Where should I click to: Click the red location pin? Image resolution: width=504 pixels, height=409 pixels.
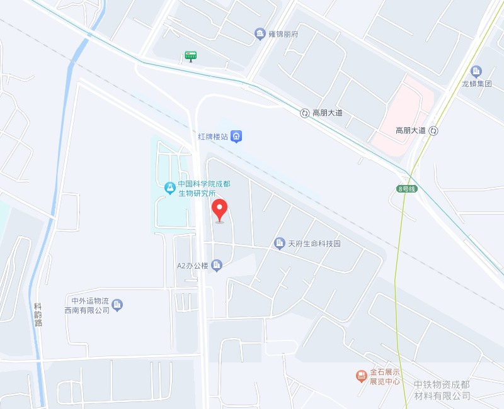tap(219, 210)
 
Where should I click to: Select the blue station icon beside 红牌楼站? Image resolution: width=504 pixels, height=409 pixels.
tap(236, 135)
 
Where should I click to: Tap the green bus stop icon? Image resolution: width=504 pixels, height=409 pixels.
tap(190, 57)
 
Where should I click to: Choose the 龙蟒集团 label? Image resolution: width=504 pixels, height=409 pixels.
tap(476, 83)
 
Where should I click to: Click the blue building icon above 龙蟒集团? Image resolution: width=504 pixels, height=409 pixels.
tap(476, 71)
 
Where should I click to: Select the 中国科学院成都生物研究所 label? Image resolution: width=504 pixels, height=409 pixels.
tap(196, 188)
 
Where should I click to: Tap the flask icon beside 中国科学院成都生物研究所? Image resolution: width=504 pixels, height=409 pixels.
tap(169, 188)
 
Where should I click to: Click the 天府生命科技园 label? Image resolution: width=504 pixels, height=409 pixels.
tap(314, 244)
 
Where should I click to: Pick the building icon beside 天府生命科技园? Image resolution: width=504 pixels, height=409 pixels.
tap(280, 243)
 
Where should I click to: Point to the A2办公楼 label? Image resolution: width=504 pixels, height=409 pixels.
tap(192, 266)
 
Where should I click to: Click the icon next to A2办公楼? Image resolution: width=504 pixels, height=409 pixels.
tap(217, 266)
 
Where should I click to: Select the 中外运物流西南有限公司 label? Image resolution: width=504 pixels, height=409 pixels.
tap(87, 305)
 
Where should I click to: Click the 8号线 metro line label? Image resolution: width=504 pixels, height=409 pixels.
tap(407, 189)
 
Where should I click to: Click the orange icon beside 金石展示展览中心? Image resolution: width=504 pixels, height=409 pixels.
tap(361, 376)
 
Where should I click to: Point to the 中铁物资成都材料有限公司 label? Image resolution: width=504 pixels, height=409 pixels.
tap(442, 390)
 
